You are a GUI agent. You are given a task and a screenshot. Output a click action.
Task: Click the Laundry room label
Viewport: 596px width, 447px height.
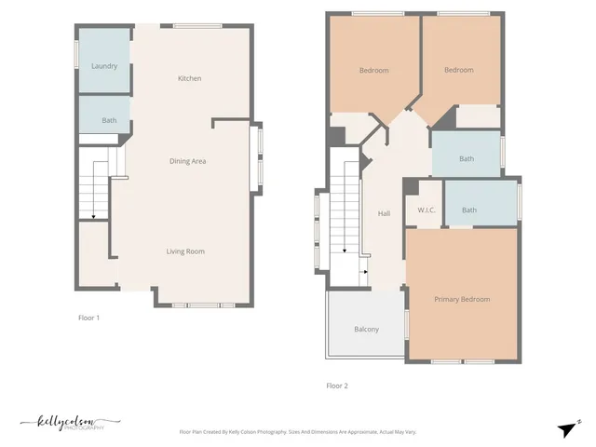click(x=103, y=66)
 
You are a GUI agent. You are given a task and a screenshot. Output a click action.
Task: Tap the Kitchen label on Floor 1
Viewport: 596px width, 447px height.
click(x=189, y=78)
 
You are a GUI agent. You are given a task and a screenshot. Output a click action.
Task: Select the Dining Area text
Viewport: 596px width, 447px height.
click(x=187, y=161)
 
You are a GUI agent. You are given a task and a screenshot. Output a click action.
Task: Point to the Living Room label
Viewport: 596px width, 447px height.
click(x=185, y=251)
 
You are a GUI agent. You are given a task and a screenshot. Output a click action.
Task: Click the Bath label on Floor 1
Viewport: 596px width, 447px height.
click(x=109, y=120)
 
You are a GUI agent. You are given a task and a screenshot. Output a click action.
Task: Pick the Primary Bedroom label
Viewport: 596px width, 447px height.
click(x=462, y=299)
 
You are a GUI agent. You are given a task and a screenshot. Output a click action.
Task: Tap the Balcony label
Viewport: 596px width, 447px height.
click(x=366, y=329)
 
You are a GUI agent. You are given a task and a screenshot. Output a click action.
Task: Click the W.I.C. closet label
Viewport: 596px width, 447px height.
click(x=427, y=210)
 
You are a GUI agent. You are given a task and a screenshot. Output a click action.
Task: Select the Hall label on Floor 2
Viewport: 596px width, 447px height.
click(x=384, y=213)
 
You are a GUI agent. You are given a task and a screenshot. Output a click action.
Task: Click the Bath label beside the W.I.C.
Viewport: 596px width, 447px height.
click(x=468, y=210)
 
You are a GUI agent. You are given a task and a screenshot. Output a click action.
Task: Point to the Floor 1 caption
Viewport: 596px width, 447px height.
click(x=88, y=318)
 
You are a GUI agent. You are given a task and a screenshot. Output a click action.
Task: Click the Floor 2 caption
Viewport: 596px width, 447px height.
click(x=337, y=385)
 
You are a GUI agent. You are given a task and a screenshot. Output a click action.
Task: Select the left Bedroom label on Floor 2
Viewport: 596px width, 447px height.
click(x=374, y=70)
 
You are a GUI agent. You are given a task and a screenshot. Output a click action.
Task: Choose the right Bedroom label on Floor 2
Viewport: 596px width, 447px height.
click(x=458, y=70)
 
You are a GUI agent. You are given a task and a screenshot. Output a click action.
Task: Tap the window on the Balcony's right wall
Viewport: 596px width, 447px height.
click(x=406, y=324)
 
